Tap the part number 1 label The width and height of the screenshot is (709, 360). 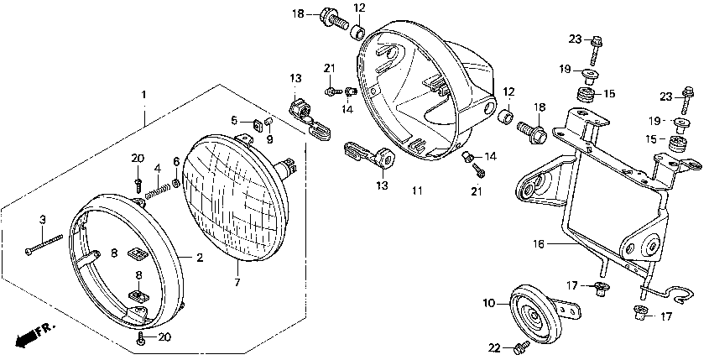(x=143, y=95)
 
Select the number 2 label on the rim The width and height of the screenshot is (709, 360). (x=200, y=258)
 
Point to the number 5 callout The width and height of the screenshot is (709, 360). (x=235, y=120)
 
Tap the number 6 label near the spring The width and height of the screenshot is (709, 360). (x=176, y=161)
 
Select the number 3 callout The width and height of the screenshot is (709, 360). (x=42, y=220)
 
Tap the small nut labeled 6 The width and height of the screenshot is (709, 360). (x=176, y=183)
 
